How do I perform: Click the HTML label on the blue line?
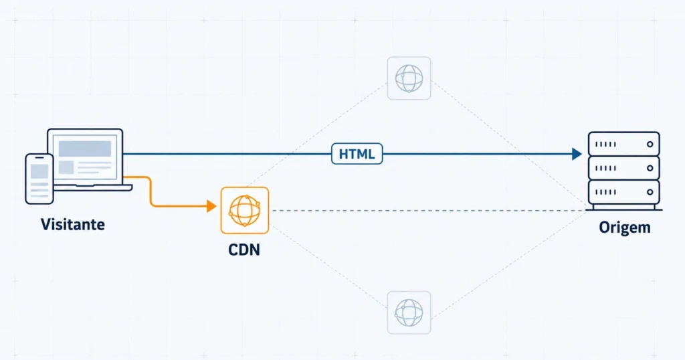pyautogui.click(x=357, y=154)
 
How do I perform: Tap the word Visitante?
pyautogui.click(x=73, y=225)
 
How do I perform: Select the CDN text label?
pyautogui.click(x=244, y=250)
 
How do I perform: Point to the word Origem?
pyautogui.click(x=625, y=228)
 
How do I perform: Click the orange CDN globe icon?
pyautogui.click(x=245, y=211)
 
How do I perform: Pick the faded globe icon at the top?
pyautogui.click(x=409, y=78)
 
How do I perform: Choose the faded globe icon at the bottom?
pyautogui.click(x=409, y=312)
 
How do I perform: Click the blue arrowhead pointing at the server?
pyautogui.click(x=577, y=154)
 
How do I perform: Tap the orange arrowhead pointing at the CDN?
pyautogui.click(x=212, y=206)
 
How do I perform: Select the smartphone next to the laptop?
pyautogui.click(x=39, y=179)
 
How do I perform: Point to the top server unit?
pyautogui.click(x=624, y=144)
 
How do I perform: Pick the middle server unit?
pyautogui.click(x=624, y=168)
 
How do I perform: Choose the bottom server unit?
pyautogui.click(x=624, y=192)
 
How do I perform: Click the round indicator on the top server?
pyautogui.click(x=650, y=144)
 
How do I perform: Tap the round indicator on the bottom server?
pyautogui.click(x=650, y=192)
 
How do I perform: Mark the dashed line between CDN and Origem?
pyautogui.click(x=428, y=211)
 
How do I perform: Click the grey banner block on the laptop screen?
pyautogui.click(x=85, y=149)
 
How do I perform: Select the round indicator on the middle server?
pyautogui.click(x=650, y=168)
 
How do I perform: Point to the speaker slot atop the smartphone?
pyautogui.click(x=39, y=158)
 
